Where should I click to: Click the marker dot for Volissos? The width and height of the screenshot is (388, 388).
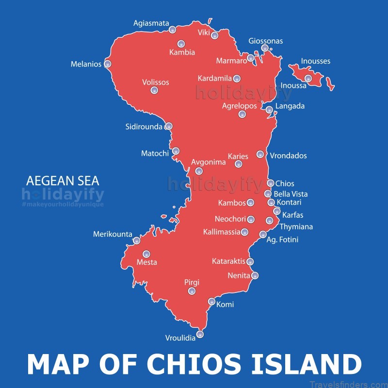154,90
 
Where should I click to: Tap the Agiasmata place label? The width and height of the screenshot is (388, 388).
151,23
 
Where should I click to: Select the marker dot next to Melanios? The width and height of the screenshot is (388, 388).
108,64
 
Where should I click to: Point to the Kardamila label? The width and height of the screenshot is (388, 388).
215,78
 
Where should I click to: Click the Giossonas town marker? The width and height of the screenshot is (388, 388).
265,48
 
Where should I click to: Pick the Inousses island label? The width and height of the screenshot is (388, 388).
315,61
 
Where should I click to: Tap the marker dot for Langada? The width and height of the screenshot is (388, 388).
269,110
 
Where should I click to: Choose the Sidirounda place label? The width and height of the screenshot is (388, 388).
144,127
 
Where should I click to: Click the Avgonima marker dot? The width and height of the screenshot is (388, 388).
199,171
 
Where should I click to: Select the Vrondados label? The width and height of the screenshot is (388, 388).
288,156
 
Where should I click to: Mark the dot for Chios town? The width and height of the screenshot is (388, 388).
271,183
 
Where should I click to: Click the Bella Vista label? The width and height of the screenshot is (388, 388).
291,194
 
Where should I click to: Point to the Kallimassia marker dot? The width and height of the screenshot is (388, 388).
244,232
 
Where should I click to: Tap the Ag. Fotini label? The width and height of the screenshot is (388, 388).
282,240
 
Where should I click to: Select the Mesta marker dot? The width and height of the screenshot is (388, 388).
146,254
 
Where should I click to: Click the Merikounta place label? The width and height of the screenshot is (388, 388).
113,235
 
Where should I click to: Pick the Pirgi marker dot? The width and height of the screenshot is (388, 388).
192,291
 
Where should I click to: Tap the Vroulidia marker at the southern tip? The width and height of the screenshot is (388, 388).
200,334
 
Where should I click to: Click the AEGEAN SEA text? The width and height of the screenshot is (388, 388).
63,181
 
